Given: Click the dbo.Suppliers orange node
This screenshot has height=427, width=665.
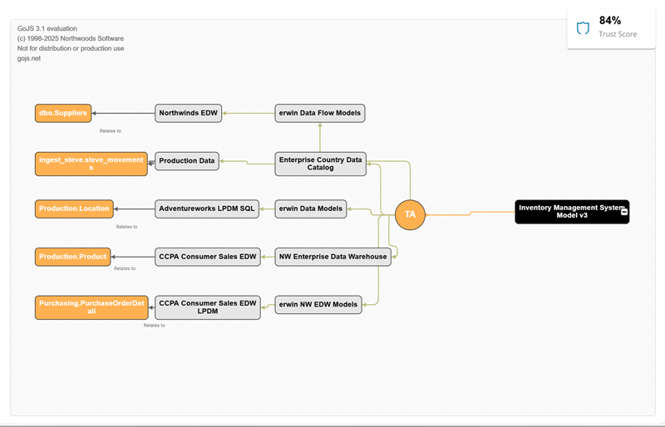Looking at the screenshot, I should (63, 113).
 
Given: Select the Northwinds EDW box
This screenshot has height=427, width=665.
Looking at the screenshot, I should (189, 113).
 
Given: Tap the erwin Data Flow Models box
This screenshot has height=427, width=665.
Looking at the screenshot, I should (320, 113).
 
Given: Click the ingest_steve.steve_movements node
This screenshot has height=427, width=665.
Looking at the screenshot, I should (91, 164).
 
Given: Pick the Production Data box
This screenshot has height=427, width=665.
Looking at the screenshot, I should (187, 161).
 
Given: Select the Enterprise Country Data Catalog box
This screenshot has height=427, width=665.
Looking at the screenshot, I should (320, 164).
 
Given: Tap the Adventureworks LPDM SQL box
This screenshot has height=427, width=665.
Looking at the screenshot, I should (207, 209).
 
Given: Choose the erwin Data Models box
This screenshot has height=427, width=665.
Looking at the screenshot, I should (311, 209).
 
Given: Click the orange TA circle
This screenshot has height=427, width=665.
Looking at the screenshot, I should (410, 214).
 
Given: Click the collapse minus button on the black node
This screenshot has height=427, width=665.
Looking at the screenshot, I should (624, 213).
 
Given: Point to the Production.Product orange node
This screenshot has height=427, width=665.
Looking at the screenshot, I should (72, 257).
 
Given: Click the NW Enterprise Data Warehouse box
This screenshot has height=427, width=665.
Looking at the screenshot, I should (332, 257).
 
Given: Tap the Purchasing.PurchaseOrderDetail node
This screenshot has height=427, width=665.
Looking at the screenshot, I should (91, 308).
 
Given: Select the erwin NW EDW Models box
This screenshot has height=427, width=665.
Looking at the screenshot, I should (318, 304).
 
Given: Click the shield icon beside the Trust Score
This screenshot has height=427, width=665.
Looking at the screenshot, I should (583, 28).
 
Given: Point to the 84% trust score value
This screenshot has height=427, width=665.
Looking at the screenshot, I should (610, 21).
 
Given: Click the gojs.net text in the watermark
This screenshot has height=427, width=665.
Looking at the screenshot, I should (29, 59).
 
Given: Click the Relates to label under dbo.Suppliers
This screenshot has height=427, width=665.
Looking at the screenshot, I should (110, 130).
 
